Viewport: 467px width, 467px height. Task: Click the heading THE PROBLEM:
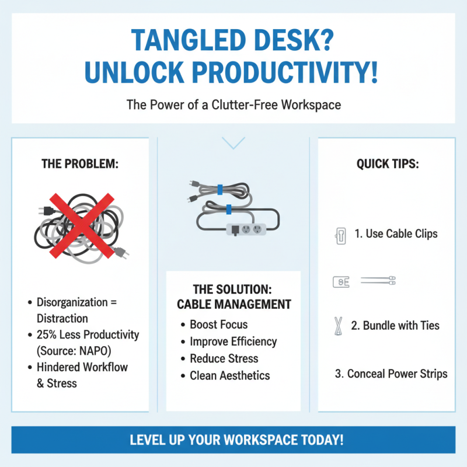pos(80,165)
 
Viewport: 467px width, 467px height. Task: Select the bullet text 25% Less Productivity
pos(88,334)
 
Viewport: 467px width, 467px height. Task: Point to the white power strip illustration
pos(246,228)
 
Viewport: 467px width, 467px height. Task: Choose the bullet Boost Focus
pos(218,325)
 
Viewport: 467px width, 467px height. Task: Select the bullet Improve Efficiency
pos(233,341)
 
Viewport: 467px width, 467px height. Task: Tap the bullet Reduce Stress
pos(224,358)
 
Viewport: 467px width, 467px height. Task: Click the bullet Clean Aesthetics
pos(229,375)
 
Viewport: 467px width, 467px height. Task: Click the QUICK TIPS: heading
pos(388,165)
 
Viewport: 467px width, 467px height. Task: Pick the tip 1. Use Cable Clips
pos(396,234)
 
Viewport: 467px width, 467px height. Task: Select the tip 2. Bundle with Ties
pos(395,326)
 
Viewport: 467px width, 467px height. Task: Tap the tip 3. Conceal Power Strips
pos(391,374)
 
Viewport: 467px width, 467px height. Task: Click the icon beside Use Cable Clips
pos(340,236)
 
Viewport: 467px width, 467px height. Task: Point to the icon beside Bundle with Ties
pos(337,326)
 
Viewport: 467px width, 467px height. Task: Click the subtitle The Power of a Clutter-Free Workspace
pos(233,105)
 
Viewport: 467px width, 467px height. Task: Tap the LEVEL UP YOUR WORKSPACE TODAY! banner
pos(233,440)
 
